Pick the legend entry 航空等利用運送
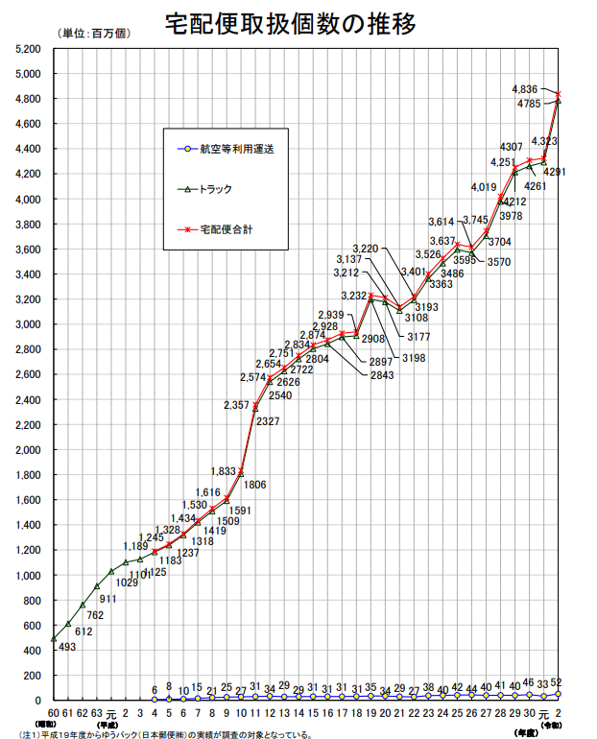coord(230,149)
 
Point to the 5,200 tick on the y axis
coord(27,48)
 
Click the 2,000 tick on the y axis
coord(27,450)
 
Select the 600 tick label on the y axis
coord(32,626)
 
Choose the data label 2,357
coord(237,406)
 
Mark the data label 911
coord(107,599)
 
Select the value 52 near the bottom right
coord(558,681)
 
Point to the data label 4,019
coord(483,187)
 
